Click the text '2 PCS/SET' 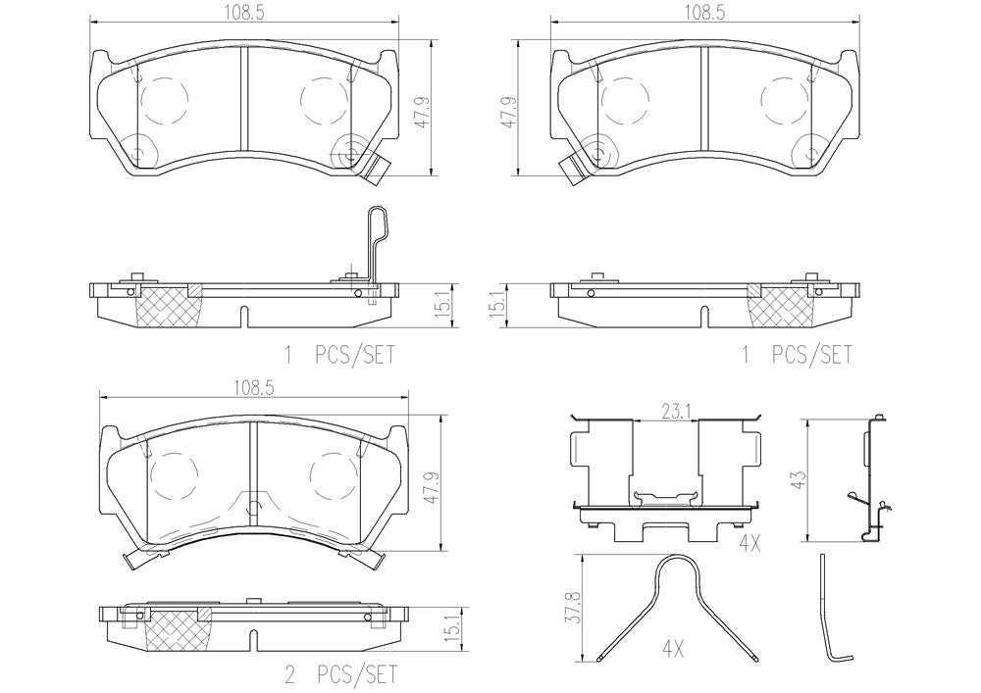click(x=341, y=675)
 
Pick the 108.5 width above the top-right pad click(x=703, y=13)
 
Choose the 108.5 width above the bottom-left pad click(x=254, y=387)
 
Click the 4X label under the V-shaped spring click(x=673, y=651)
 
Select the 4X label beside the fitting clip click(x=749, y=544)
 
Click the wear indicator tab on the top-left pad click(x=378, y=168)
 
